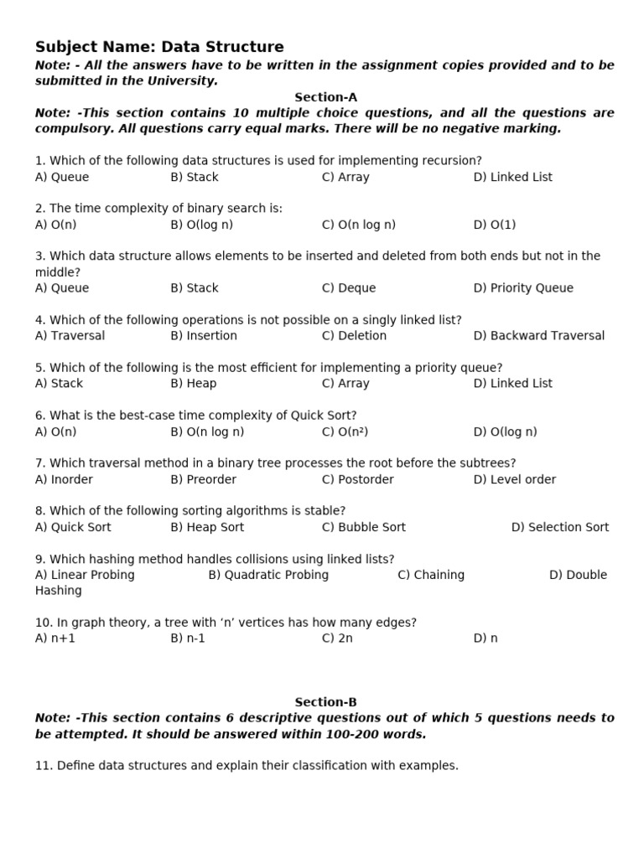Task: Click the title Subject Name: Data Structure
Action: (159, 47)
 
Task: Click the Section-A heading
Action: (325, 97)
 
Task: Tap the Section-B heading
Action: (325, 702)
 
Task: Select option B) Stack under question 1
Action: (194, 177)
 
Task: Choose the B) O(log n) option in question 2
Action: (201, 225)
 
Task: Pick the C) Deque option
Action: (349, 288)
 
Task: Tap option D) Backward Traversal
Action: (538, 336)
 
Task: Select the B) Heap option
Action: (193, 384)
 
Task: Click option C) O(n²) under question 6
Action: (345, 432)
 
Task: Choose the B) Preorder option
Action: (203, 479)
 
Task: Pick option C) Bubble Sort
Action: (363, 527)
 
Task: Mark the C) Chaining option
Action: (431, 575)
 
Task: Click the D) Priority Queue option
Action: (523, 288)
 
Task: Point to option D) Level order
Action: (514, 479)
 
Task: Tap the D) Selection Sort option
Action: (560, 527)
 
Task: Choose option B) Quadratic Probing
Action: (268, 575)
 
